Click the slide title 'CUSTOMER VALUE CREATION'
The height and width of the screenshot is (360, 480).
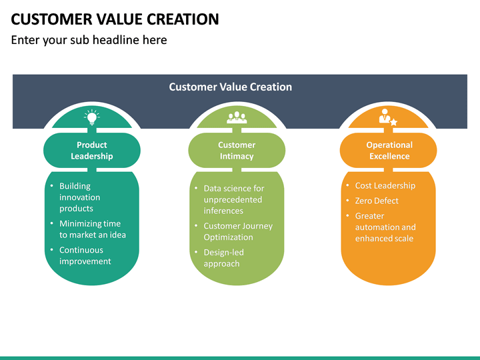[x=115, y=19]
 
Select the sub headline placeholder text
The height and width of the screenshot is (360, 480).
[x=89, y=40]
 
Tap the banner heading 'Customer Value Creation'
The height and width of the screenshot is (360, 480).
[x=230, y=87]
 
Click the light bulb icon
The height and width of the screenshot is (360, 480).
[x=91, y=117]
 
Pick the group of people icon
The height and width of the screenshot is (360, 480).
[x=237, y=117]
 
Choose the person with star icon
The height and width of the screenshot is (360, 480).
[x=387, y=117]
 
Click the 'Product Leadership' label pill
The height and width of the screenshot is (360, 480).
[x=91, y=151]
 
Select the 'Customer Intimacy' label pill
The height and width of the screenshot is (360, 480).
[x=237, y=151]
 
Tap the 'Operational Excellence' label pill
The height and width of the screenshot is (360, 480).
[x=389, y=151]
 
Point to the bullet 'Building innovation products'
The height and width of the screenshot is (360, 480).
[x=80, y=197]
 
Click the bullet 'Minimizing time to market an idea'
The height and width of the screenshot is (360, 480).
[x=92, y=229]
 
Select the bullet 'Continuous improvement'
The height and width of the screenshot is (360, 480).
[x=85, y=256]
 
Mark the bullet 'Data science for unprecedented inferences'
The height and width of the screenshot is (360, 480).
[x=233, y=199]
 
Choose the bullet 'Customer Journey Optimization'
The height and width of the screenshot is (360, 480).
[x=237, y=231]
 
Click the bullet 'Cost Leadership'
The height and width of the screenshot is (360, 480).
[x=385, y=185]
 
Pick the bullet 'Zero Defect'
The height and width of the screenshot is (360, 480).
[x=377, y=201]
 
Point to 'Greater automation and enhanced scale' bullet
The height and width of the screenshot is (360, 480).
[x=385, y=227]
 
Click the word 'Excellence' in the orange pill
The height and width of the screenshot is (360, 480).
[x=389, y=156]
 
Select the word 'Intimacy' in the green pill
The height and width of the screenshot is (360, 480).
[x=237, y=156]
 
